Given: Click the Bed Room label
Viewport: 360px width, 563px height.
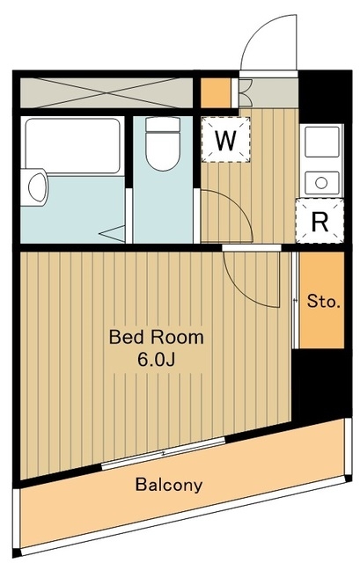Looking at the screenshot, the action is (x=157, y=338).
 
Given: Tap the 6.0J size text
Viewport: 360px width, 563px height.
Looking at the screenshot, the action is (x=156, y=360).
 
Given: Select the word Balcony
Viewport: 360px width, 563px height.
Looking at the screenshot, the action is (x=169, y=486).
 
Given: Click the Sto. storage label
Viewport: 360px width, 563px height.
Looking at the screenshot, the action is (x=323, y=302).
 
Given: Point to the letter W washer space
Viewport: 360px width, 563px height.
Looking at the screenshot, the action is (x=225, y=140).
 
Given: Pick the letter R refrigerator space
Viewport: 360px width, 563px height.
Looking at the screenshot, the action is (x=320, y=223).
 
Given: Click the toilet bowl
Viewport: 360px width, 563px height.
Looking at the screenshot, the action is (x=163, y=150).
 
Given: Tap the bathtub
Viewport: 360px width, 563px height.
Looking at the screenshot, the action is (x=72, y=146).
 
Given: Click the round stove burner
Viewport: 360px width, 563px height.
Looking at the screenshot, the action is (x=321, y=183).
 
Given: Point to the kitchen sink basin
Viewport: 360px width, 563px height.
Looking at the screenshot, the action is (x=322, y=142).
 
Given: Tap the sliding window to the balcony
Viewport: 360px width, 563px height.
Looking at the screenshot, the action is (x=164, y=453).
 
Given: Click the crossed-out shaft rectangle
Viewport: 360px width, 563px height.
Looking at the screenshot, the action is (x=107, y=92).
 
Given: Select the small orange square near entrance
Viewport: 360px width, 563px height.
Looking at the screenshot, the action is (x=216, y=92).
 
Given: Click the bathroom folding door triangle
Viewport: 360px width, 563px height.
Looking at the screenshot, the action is (x=112, y=234).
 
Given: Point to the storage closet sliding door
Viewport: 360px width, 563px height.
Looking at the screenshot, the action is (x=296, y=300).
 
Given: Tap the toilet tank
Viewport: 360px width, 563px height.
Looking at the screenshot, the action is (x=163, y=124).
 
